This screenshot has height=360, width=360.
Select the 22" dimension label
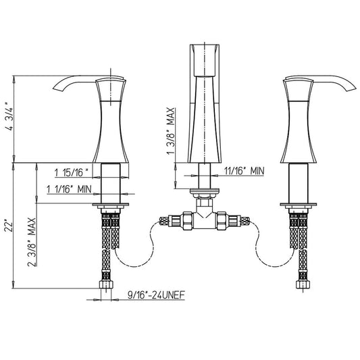coord(9,226)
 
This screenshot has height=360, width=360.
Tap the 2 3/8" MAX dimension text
coord(32,242)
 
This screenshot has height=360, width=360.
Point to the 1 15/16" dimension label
coord(72,173)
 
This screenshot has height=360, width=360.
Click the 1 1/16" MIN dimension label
coord(69,189)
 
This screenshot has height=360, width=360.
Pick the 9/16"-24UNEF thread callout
coord(156,295)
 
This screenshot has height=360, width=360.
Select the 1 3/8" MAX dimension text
coord(172,131)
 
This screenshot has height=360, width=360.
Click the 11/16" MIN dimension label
coord(245,171)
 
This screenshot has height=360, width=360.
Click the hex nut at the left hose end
coord(106,285)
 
